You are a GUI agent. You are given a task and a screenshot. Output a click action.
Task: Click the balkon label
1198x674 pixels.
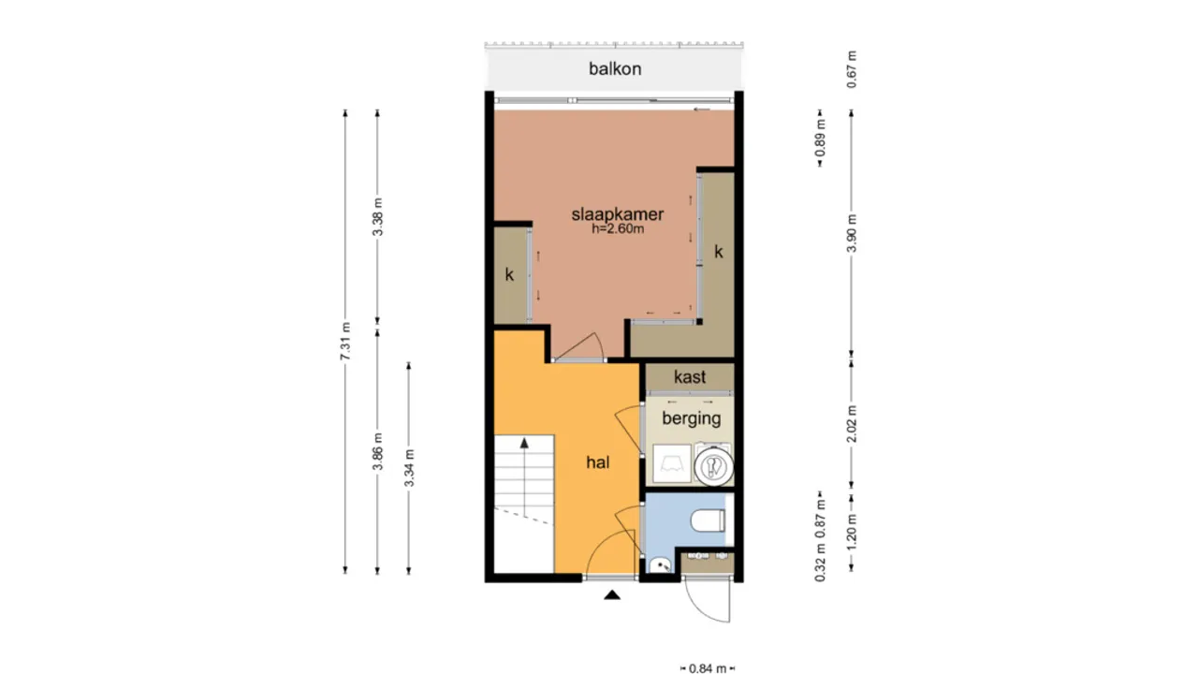[x=615, y=68]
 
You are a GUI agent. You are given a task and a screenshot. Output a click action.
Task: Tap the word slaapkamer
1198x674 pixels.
[x=618, y=214]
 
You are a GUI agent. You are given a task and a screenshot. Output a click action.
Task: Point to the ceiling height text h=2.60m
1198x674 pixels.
[x=618, y=228]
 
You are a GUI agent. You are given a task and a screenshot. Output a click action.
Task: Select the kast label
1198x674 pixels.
[x=690, y=377]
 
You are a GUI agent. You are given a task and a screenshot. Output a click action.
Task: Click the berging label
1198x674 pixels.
[x=691, y=418]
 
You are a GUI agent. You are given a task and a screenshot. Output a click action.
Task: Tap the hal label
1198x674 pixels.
[x=598, y=462]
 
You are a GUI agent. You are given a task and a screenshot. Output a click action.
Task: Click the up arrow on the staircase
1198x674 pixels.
[x=524, y=443]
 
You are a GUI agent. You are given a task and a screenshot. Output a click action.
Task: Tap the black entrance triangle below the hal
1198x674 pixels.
[x=612, y=594]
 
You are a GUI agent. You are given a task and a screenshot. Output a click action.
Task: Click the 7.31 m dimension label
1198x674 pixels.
[x=345, y=342]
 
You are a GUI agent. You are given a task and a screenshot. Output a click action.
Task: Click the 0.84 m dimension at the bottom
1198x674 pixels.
[x=708, y=667]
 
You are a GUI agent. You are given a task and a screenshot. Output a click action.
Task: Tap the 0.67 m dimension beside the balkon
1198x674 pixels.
[x=851, y=68]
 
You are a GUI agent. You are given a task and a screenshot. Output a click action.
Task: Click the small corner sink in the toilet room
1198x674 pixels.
[x=659, y=564]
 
